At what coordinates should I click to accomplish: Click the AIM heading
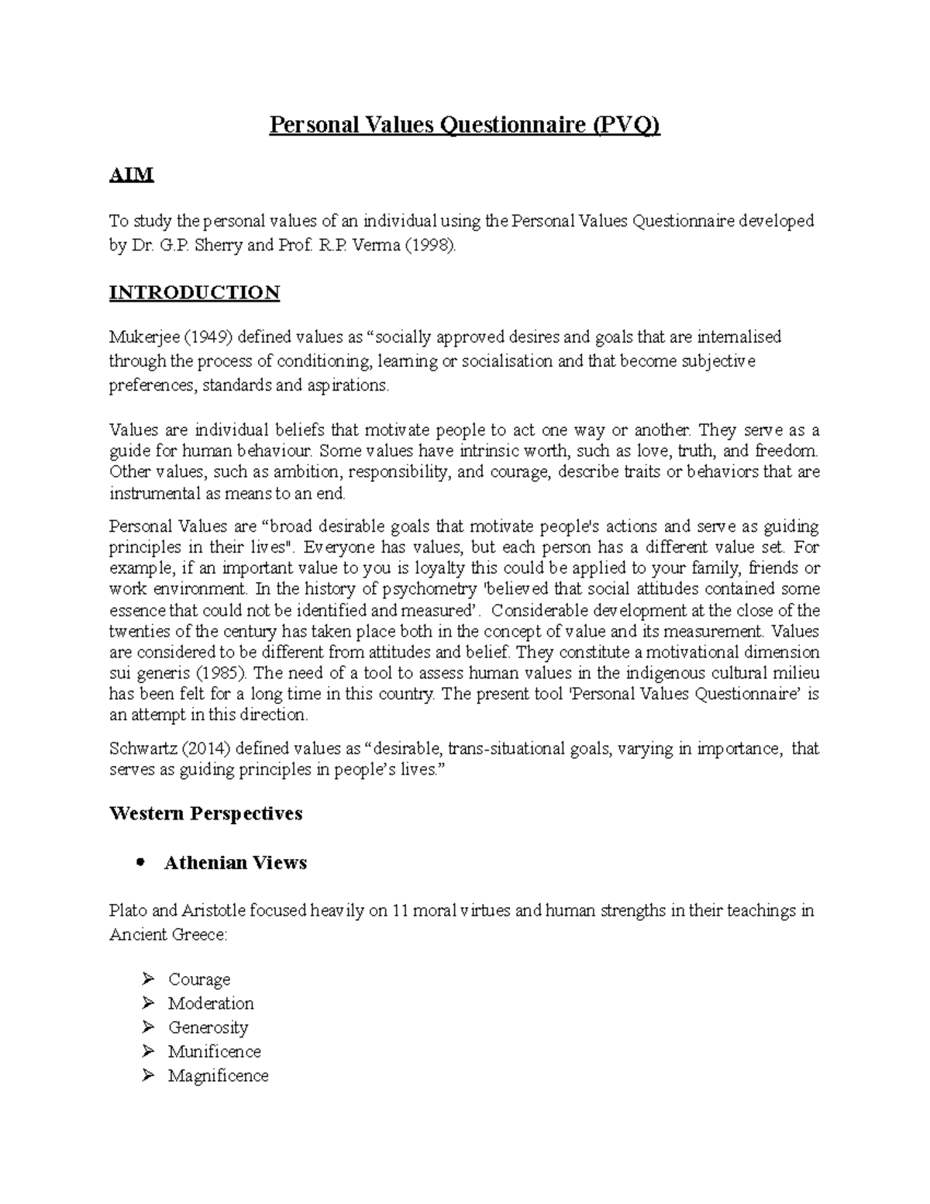131,175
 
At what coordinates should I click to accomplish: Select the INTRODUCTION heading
194,292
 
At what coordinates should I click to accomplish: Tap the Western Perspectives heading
205,813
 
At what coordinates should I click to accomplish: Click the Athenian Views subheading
235,863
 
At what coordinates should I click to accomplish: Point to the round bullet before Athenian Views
140,863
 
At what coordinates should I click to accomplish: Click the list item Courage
199,980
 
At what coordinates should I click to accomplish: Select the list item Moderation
211,1004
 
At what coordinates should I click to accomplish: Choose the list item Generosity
208,1028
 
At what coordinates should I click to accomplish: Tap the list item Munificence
214,1052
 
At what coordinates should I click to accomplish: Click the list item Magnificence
218,1076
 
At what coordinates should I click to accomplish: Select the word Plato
126,911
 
